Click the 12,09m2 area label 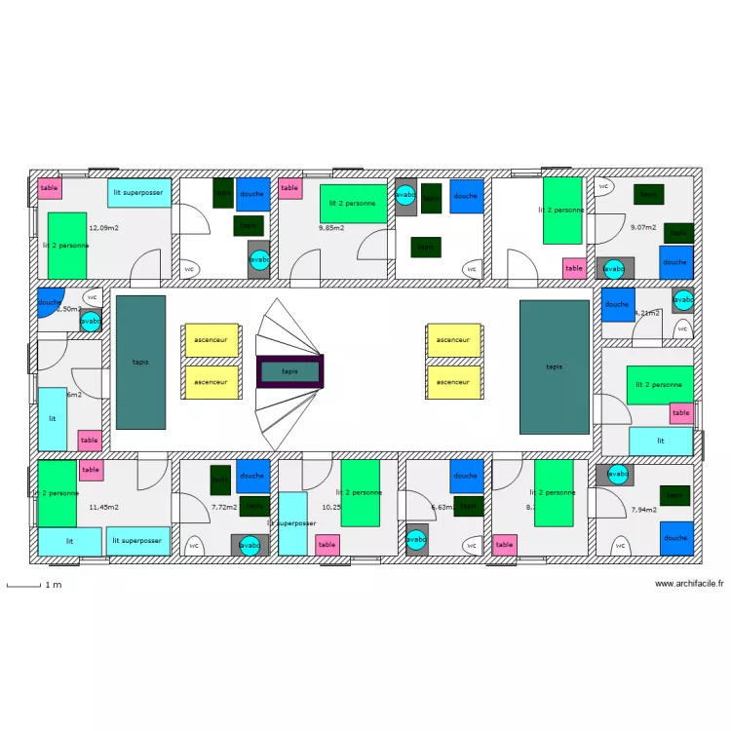click(x=103, y=228)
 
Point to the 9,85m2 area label click(x=332, y=228)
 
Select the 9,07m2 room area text click(x=643, y=228)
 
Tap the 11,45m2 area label click(x=103, y=507)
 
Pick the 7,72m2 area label click(x=224, y=507)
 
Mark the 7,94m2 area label click(x=643, y=510)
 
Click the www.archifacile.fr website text click(x=689, y=584)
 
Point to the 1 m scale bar click(x=34, y=585)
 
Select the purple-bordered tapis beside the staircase click(x=289, y=371)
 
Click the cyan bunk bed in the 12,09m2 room click(x=140, y=192)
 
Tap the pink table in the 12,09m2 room click(x=50, y=188)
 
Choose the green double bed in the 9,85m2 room click(x=354, y=204)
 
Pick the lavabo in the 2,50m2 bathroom click(x=91, y=321)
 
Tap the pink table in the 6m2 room click(x=90, y=441)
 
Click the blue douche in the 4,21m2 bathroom click(x=617, y=304)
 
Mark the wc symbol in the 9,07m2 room click(x=604, y=185)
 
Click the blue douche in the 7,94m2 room click(x=675, y=538)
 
